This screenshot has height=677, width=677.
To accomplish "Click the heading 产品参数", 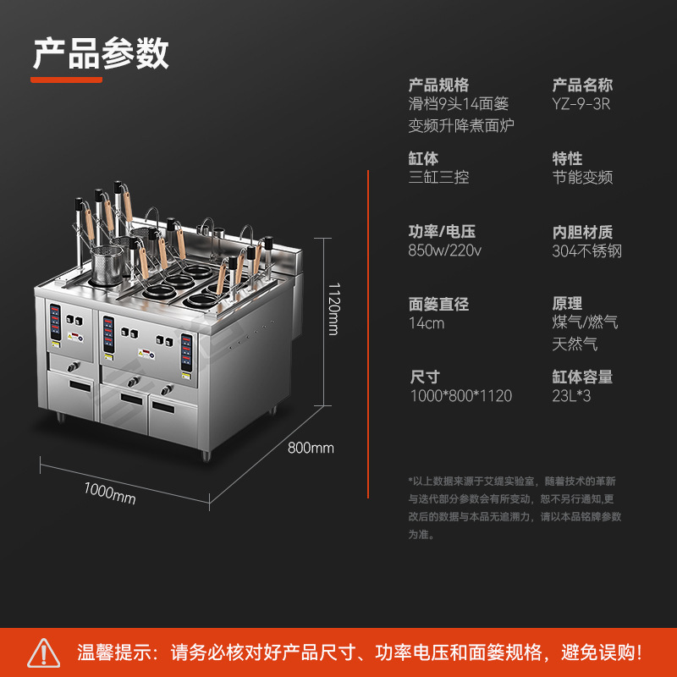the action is pos(101,52).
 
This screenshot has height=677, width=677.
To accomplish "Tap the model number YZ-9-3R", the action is pos(581,104).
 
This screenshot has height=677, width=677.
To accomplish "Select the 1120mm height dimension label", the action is pos(333,308).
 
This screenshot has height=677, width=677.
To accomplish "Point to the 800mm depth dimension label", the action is pos(311,448).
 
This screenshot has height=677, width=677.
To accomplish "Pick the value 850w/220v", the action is pos(445,250).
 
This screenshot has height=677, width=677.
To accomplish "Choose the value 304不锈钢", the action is pos(587,250).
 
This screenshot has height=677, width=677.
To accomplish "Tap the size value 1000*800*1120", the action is pos(460,396).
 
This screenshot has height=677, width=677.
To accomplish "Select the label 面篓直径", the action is pos(438,304).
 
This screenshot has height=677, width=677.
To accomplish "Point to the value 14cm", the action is pos(427,323).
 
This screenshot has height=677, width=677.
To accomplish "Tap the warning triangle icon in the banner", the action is pos(43,652).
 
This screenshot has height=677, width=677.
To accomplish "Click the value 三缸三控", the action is pos(438,178).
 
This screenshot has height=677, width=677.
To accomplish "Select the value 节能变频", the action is pos(582,178).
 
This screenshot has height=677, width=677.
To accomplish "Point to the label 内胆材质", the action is pos(582,231).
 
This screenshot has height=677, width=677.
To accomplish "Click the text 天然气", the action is pos(575,344).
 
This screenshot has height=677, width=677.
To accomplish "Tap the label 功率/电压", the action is pos(441,231).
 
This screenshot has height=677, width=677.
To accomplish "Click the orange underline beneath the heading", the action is pos(67,80).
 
